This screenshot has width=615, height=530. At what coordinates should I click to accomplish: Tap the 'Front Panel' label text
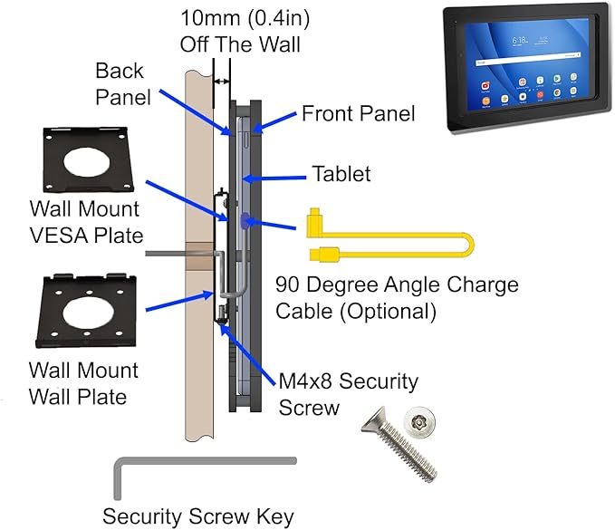358,113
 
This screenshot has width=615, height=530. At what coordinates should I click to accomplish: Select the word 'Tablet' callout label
341,173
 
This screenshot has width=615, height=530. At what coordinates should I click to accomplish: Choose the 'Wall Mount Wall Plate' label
82,382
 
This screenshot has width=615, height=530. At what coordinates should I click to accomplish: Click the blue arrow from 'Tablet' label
280,178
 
